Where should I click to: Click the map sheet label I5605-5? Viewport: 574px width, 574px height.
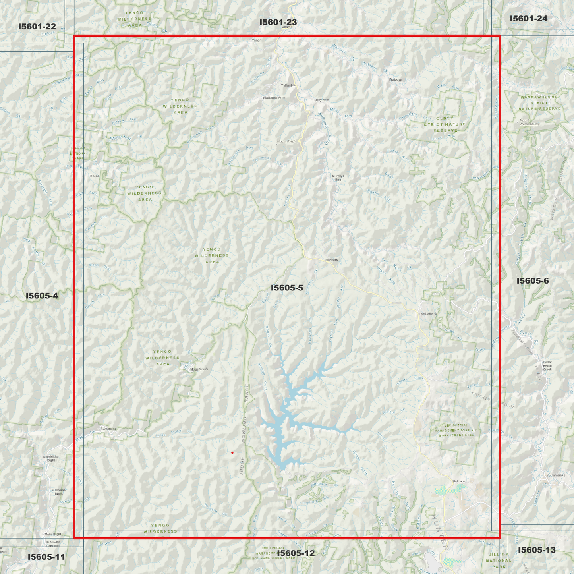(287, 288)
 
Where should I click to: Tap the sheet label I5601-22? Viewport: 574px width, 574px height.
(37, 27)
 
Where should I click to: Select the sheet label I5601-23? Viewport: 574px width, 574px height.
(278, 22)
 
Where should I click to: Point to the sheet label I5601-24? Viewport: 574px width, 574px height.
(528, 19)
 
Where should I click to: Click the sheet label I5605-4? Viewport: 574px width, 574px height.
(42, 296)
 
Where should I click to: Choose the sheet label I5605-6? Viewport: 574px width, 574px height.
(533, 281)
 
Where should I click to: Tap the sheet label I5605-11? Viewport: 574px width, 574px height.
(46, 557)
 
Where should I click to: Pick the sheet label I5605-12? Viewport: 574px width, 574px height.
(296, 553)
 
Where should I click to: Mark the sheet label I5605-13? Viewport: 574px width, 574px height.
(537, 550)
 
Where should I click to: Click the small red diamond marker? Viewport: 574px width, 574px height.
(232, 453)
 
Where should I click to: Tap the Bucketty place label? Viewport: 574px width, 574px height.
(332, 260)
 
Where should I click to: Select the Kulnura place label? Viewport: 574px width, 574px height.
(458, 481)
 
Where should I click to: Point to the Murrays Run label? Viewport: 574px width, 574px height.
(338, 178)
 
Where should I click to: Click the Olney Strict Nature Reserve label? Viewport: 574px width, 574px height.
(445, 124)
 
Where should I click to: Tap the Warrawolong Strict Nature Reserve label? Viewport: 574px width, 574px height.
(539, 102)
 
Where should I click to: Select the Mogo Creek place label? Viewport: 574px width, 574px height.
(199, 369)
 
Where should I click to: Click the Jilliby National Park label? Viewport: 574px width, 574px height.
(499, 560)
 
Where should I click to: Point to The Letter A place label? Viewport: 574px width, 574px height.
(428, 314)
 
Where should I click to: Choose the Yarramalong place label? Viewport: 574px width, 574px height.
(556, 475)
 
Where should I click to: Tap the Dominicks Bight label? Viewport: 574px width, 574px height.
(51, 458)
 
